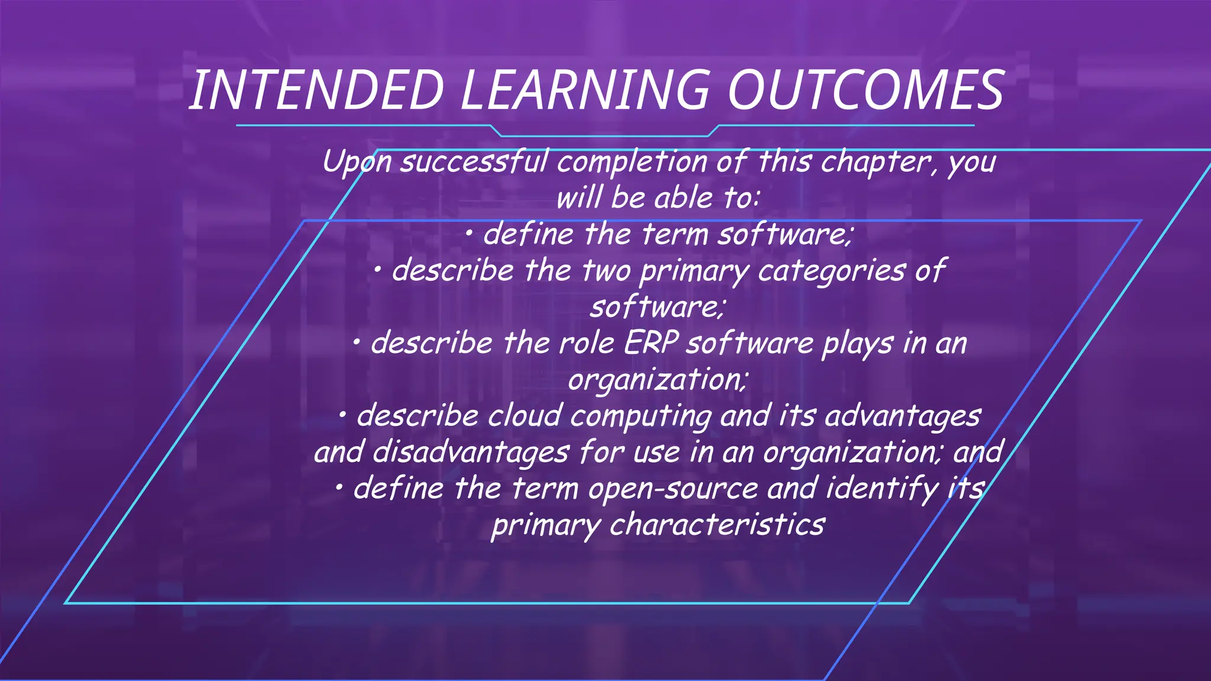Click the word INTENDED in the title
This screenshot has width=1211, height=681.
click(x=316, y=90)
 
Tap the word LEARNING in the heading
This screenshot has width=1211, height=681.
click(x=584, y=90)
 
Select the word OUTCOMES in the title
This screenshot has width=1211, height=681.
click(x=866, y=90)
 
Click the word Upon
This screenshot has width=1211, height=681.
click(x=357, y=162)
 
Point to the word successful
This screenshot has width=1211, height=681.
click(x=474, y=162)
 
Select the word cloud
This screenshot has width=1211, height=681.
click(x=524, y=416)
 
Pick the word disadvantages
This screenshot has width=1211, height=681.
click(x=471, y=453)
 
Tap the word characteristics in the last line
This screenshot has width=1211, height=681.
click(x=717, y=525)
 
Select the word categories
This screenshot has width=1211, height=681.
click(x=831, y=271)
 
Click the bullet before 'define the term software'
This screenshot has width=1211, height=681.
click(x=468, y=235)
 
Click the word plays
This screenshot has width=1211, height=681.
click(x=857, y=343)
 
